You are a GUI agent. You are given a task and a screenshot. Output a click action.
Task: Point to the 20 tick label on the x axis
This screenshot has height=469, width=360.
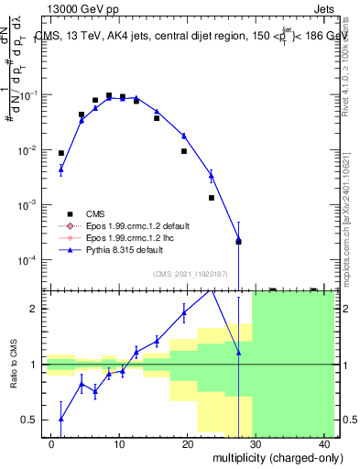pos(187,444)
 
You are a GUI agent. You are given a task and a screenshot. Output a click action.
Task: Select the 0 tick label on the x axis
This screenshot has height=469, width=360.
pos(51,444)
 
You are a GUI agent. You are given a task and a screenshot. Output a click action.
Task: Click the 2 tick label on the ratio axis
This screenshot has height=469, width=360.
pos(36,309)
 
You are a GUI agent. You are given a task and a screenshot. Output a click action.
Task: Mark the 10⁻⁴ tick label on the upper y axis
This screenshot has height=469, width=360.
pos(29,260)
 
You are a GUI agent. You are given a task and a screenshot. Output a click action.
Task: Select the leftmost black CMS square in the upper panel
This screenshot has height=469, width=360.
pos(61,154)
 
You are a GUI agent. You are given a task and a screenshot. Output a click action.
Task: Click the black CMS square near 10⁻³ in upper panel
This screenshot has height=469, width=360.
pos(211,198)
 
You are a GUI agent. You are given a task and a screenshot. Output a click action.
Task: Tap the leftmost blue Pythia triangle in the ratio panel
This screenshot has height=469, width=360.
pos(61,419)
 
